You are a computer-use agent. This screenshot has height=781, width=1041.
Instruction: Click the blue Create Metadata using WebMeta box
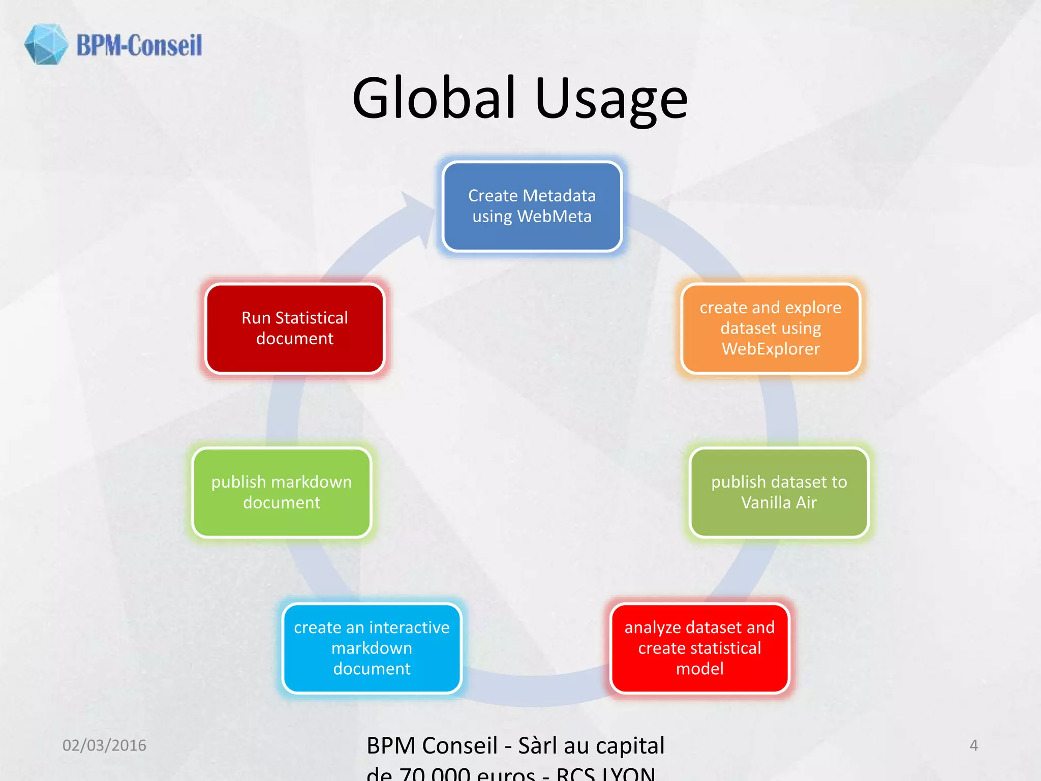coord(532,206)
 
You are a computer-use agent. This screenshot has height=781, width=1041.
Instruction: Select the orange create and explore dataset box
coord(771,328)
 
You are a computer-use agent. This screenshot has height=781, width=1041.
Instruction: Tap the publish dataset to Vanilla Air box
coord(779,492)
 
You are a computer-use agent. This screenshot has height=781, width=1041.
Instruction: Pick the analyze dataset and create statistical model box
coord(699,648)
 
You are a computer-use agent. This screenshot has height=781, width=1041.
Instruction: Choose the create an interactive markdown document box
coord(372,648)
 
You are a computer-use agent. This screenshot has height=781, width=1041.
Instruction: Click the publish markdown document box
coord(282,492)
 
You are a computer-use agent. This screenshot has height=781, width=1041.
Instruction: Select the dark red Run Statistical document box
coord(295,328)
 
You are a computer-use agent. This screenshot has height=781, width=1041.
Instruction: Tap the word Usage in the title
coord(611,99)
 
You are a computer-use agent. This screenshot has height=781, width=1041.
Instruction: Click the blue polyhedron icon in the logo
coord(46,44)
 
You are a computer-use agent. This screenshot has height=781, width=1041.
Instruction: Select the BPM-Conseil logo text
coord(139,45)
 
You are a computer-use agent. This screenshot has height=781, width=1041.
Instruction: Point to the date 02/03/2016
coord(104,745)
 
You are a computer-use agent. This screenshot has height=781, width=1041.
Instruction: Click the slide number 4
coord(973,745)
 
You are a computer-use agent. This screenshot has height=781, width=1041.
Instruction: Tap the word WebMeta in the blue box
coord(554,217)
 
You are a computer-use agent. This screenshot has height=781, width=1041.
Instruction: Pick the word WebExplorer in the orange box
coord(771,349)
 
